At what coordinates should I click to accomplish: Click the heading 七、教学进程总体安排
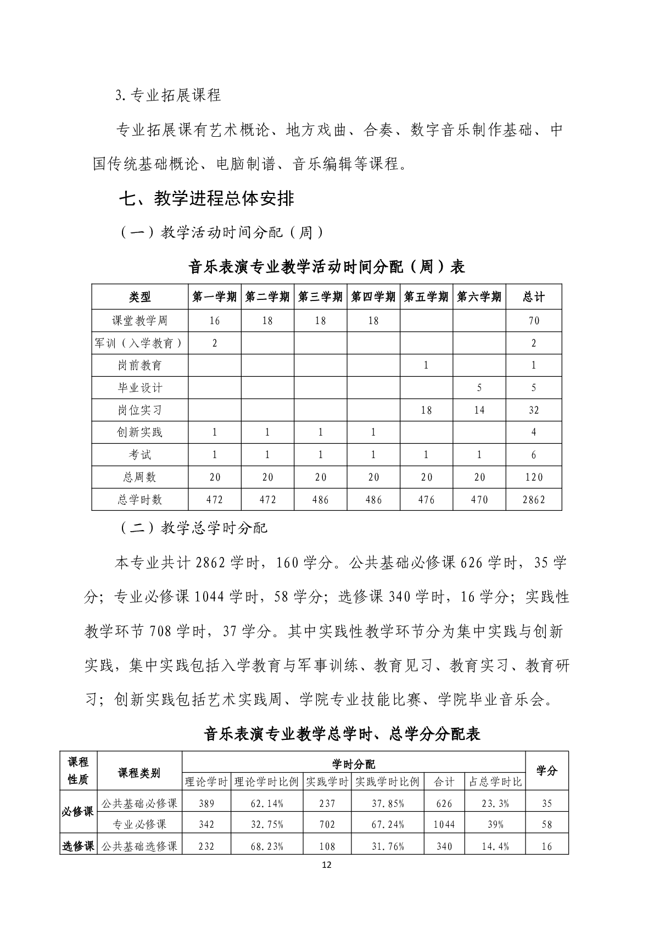click(206, 198)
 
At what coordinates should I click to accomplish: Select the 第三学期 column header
click(320, 297)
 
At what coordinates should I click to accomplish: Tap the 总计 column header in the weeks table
click(534, 297)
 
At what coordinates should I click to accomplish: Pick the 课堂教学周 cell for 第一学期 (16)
click(215, 321)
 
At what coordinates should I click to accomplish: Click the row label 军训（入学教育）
click(139, 343)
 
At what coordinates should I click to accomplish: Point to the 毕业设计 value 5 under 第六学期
click(479, 388)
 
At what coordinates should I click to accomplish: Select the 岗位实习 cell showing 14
click(479, 410)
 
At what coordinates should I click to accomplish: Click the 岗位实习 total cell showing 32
click(534, 410)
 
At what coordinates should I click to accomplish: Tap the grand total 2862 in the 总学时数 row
click(534, 500)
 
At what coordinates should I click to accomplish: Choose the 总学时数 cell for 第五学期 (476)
click(426, 500)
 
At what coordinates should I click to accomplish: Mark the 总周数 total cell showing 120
click(534, 477)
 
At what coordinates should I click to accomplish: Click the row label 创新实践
click(139, 432)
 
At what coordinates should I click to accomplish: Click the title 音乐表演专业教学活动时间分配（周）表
click(327, 267)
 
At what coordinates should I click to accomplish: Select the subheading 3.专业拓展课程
click(168, 95)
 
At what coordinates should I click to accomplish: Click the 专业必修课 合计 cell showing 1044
click(444, 824)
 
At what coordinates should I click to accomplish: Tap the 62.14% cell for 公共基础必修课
click(267, 804)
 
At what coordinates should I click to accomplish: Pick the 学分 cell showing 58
click(547, 824)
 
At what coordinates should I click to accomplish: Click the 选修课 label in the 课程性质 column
click(78, 846)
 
